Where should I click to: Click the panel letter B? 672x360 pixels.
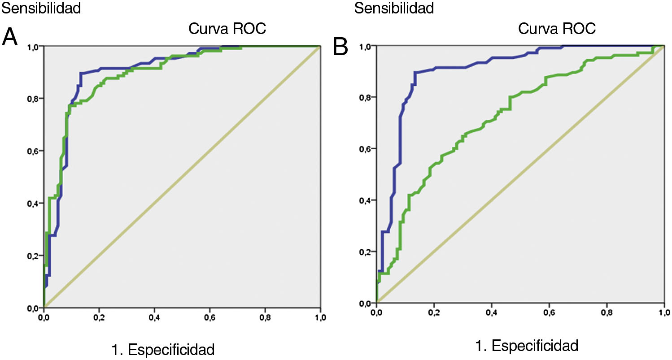(x=340, y=46)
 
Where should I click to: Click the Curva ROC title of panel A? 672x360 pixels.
(x=227, y=29)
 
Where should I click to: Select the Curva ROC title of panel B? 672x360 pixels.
(x=557, y=29)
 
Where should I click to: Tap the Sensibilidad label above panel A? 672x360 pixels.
(x=41, y=8)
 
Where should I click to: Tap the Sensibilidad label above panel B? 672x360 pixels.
(x=394, y=8)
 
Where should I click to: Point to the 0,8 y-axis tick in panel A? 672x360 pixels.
(x=34, y=98)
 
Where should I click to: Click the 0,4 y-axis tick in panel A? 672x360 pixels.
(x=34, y=203)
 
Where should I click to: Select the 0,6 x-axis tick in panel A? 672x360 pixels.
(x=265, y=317)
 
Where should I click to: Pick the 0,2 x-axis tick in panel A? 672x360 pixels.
(x=99, y=317)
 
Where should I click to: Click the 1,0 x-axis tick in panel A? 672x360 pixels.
(x=320, y=317)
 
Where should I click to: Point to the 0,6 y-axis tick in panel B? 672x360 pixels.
(x=367, y=149)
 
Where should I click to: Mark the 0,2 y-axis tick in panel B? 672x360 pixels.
(x=367, y=252)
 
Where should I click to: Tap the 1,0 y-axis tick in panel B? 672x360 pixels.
(x=367, y=46)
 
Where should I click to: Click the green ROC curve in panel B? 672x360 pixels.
(x=493, y=117)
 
